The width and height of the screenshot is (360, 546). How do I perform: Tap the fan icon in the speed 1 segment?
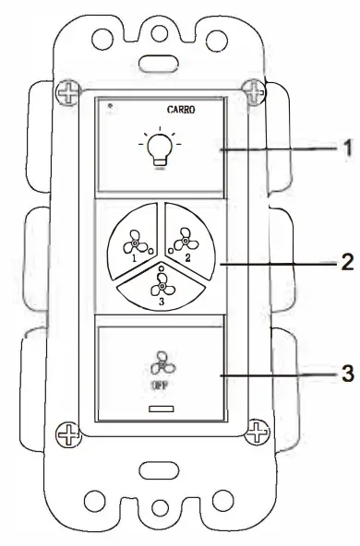click(x=129, y=240)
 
